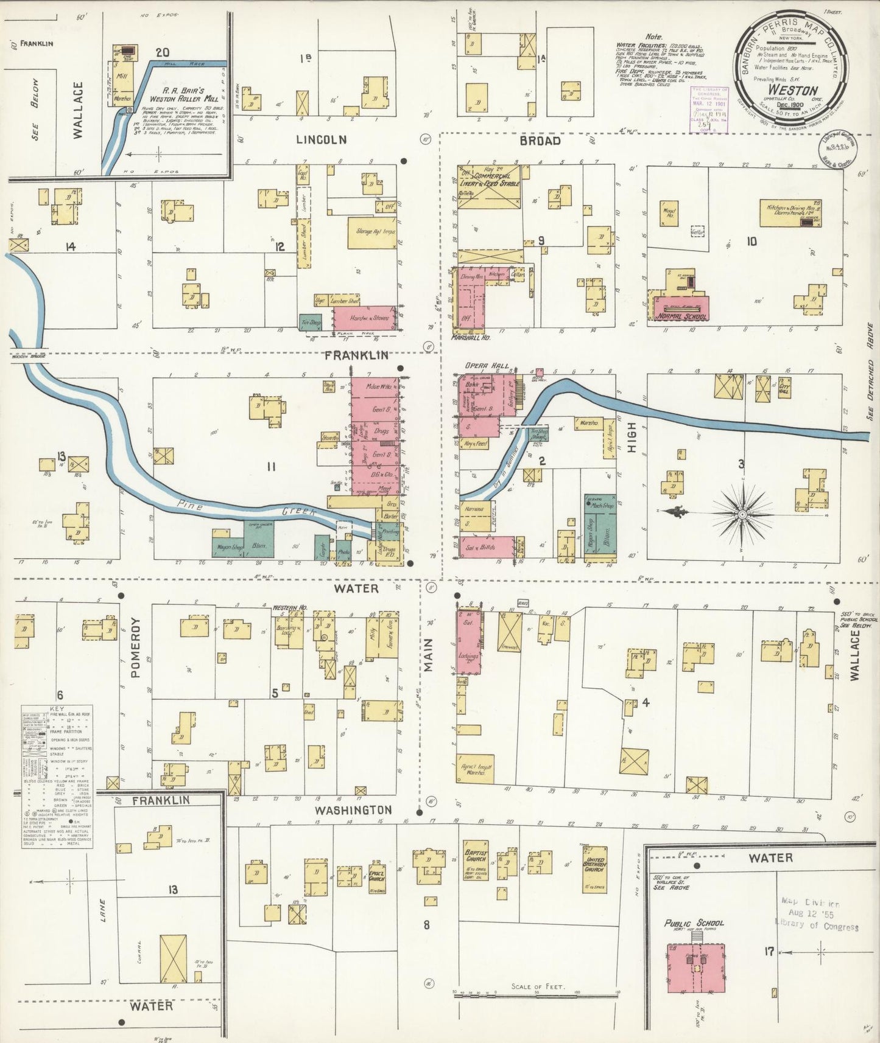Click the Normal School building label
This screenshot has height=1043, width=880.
(x=682, y=316)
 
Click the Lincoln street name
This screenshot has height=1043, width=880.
(x=321, y=139)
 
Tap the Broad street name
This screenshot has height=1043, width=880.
(x=540, y=141)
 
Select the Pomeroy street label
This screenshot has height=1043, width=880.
(x=135, y=649)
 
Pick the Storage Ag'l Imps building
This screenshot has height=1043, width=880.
(x=371, y=232)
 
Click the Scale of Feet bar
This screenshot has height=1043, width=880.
(x=536, y=994)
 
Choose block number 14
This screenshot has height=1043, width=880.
(x=71, y=246)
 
